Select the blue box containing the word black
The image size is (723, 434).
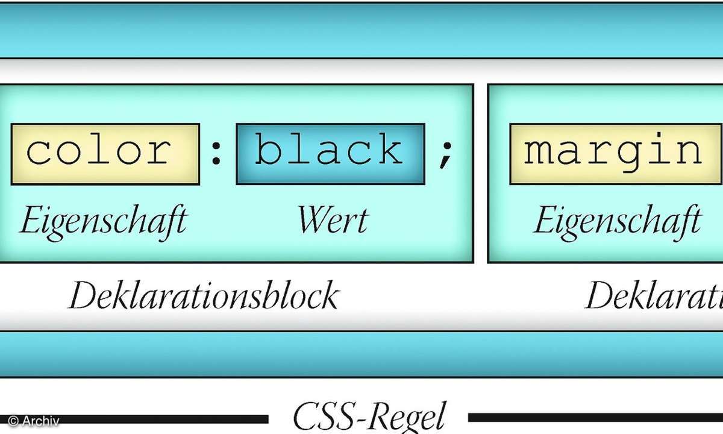330,154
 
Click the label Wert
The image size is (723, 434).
332,221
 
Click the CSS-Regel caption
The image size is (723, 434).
368,416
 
